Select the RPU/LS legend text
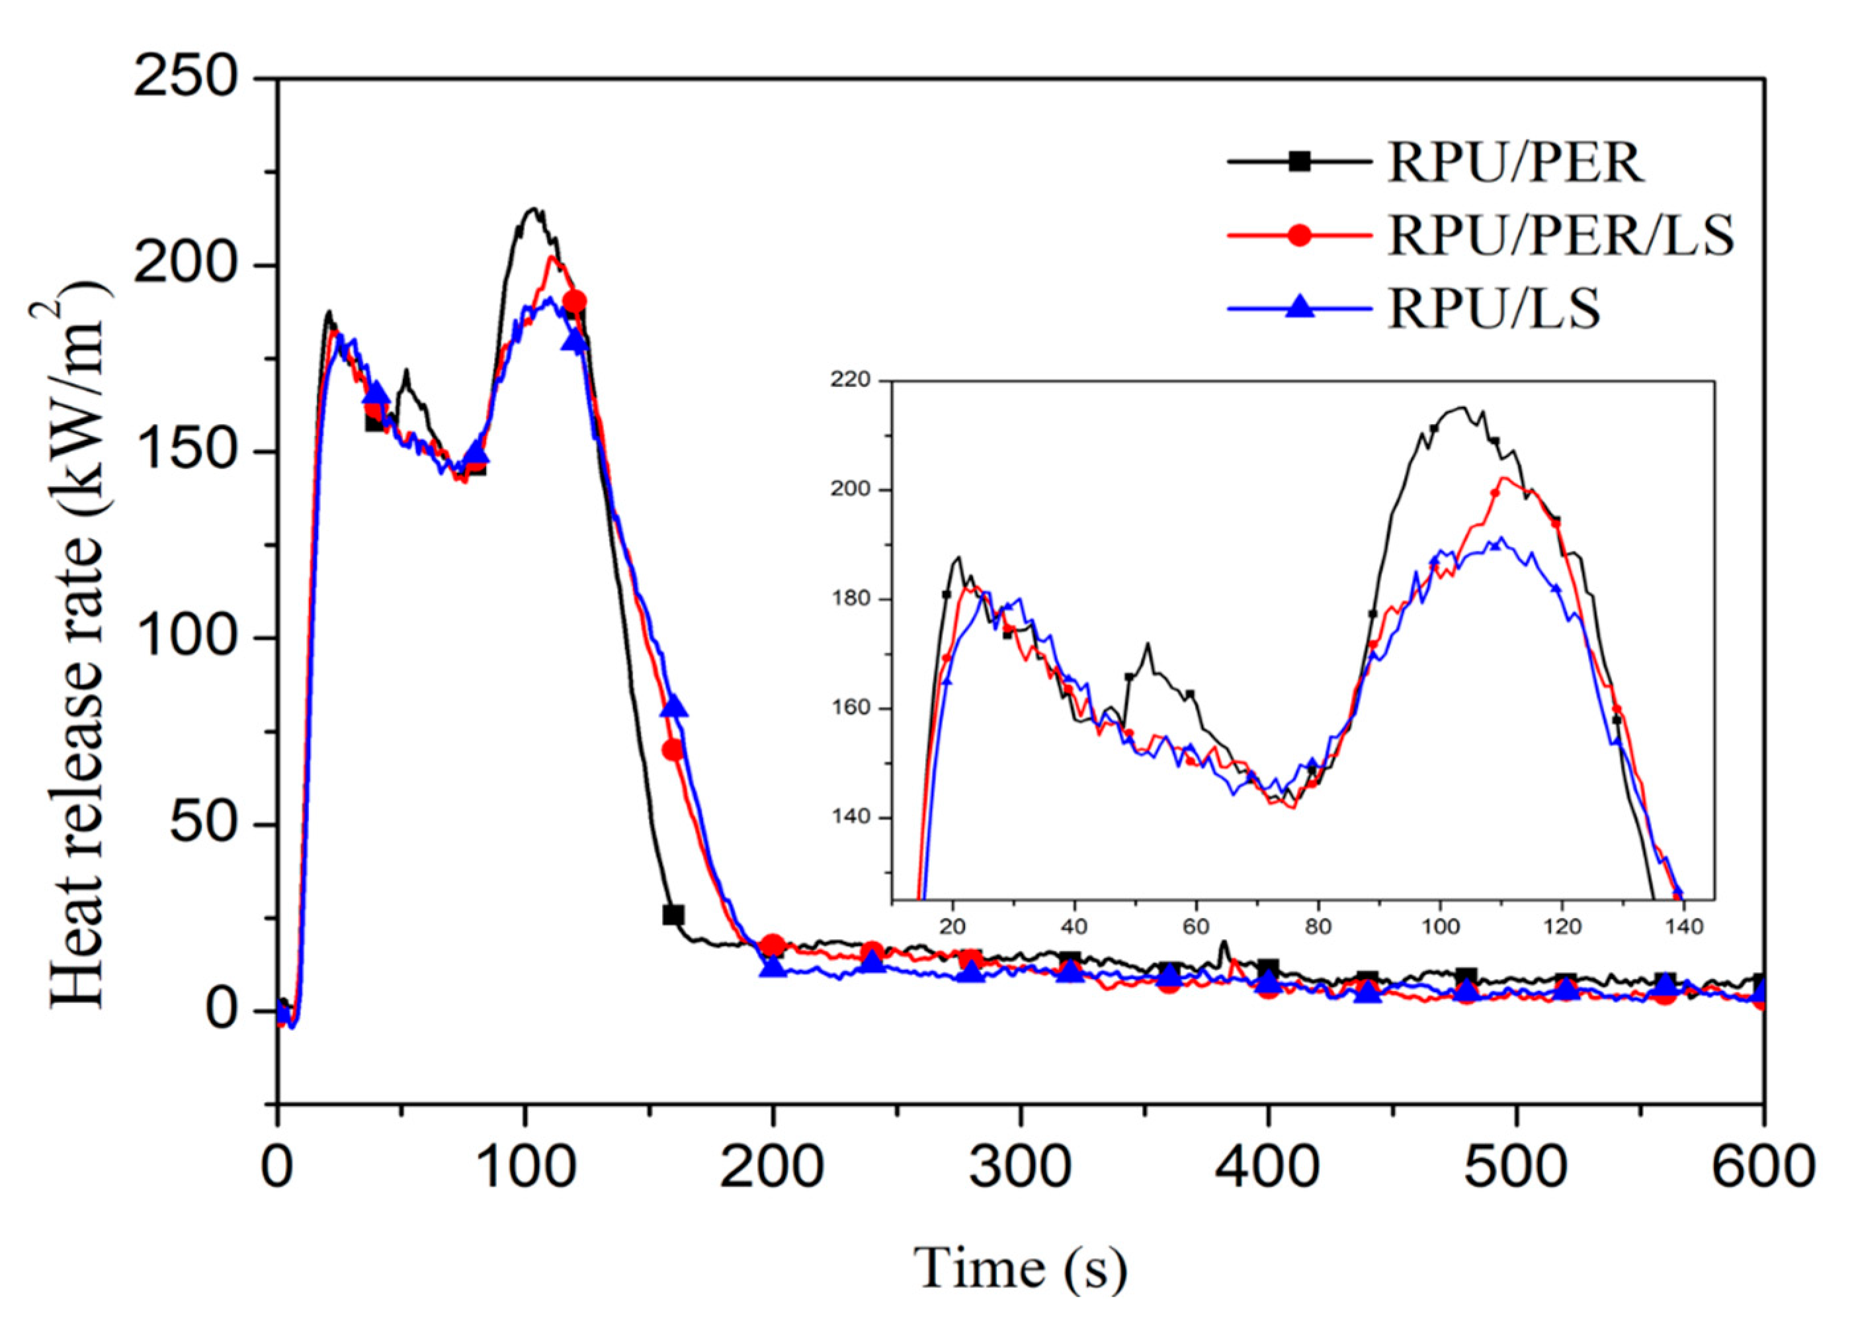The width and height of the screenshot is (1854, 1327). click(x=1494, y=310)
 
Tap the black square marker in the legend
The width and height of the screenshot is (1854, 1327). click(x=1299, y=162)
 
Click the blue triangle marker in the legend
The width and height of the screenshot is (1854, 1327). click(x=1299, y=307)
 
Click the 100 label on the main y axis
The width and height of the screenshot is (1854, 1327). click(x=187, y=638)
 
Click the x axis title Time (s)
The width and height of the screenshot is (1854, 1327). click(x=1020, y=1269)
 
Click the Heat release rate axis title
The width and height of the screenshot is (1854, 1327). click(x=77, y=654)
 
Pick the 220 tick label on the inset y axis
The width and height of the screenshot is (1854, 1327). click(x=851, y=381)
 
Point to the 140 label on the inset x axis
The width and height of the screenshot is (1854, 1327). click(x=1684, y=927)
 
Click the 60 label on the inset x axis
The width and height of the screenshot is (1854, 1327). click(x=1195, y=927)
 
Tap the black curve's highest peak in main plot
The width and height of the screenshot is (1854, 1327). click(x=532, y=208)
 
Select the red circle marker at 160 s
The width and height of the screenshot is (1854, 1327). click(x=673, y=750)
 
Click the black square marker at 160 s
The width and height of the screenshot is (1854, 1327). click(x=673, y=915)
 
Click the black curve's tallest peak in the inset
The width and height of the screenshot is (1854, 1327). click(x=1461, y=407)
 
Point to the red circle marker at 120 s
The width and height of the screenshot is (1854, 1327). click(x=574, y=302)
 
